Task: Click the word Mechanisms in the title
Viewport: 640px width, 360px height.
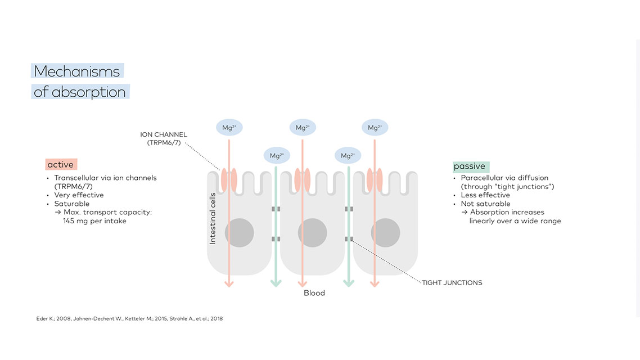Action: pyautogui.click(x=77, y=71)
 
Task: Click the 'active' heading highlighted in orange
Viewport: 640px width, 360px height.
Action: pyautogui.click(x=60, y=164)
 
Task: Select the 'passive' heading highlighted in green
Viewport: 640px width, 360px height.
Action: pyautogui.click(x=469, y=166)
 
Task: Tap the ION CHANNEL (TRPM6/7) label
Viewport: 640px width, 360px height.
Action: pyautogui.click(x=164, y=138)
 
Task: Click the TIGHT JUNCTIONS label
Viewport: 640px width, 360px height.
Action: pyautogui.click(x=452, y=283)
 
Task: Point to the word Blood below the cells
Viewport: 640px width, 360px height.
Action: pyautogui.click(x=314, y=293)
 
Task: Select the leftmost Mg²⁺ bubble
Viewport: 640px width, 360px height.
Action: pyautogui.click(x=229, y=128)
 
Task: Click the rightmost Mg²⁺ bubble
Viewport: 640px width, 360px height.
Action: pyautogui.click(x=375, y=128)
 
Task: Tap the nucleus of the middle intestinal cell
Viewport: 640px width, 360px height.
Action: pyautogui.click(x=313, y=232)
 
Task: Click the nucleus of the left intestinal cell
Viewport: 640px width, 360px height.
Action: pyautogui.click(x=240, y=232)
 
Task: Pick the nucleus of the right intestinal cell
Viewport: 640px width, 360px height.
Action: pyautogui.click(x=386, y=232)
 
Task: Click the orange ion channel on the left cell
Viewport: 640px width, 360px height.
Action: pyautogui.click(x=229, y=178)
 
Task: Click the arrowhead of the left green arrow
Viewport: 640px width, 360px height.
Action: pyautogui.click(x=276, y=283)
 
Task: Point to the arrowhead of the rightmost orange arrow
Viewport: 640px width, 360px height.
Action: pyautogui.click(x=375, y=283)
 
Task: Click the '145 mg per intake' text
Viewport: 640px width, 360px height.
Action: pyautogui.click(x=95, y=221)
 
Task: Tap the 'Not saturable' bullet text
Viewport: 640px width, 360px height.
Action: pyautogui.click(x=485, y=204)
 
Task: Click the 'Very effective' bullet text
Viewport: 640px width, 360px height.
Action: pyautogui.click(x=79, y=195)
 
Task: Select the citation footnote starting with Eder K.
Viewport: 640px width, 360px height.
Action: pyautogui.click(x=129, y=319)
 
